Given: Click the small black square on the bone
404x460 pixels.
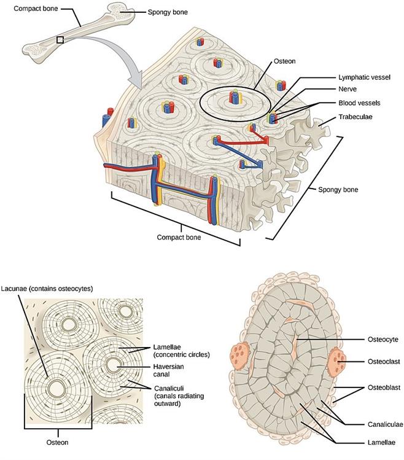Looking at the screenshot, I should click(x=60, y=39).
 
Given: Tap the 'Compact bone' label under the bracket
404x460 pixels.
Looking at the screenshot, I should click(x=179, y=236).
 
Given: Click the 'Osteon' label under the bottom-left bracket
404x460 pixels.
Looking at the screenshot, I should click(x=59, y=441).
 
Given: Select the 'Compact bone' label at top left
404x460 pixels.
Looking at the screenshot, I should click(x=25, y=8).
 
